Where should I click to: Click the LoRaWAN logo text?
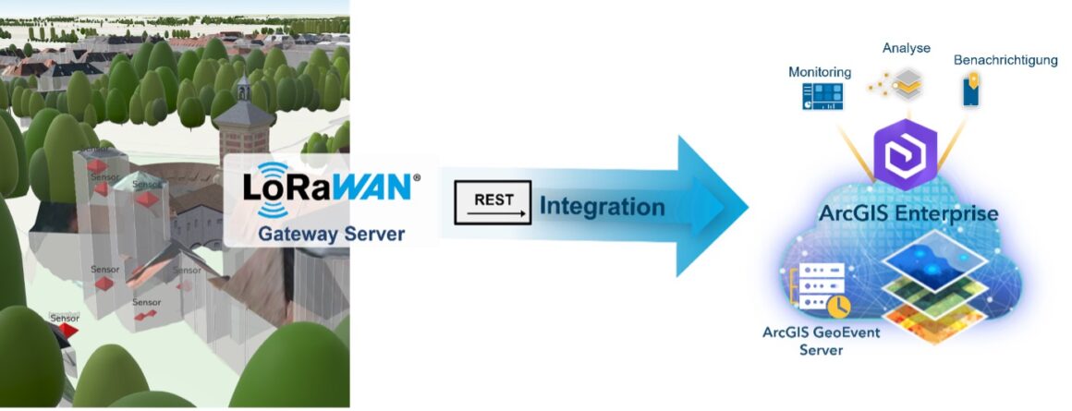[327, 186]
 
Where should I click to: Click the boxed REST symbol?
[493, 202]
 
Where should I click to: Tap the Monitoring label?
[820, 72]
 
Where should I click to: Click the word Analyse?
[906, 48]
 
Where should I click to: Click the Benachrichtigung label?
[1005, 60]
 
